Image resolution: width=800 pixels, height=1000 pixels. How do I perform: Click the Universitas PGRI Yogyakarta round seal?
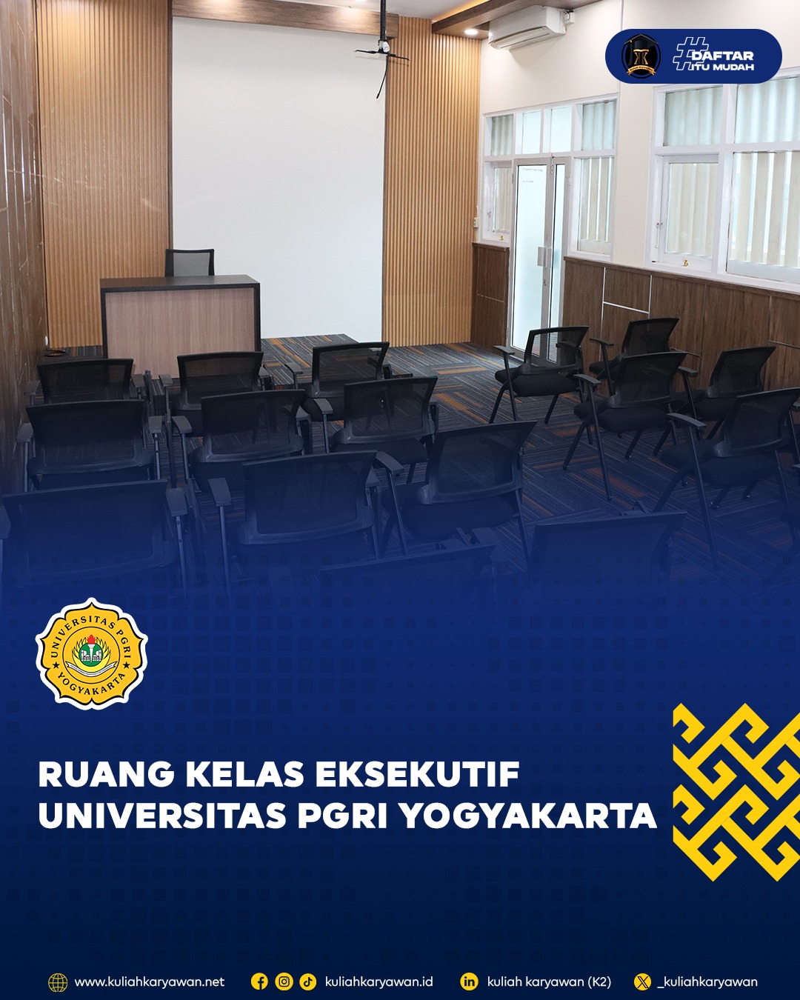pyautogui.click(x=92, y=653)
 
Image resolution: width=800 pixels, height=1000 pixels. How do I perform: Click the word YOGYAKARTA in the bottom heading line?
pyautogui.click(x=529, y=816)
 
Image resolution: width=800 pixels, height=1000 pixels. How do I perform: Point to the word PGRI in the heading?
pyautogui.click(x=342, y=816)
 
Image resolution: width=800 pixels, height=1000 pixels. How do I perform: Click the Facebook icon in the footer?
pyautogui.click(x=259, y=981)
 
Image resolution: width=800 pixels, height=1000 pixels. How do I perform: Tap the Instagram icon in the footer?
pyautogui.click(x=284, y=981)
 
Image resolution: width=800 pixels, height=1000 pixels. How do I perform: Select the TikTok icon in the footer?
pyautogui.click(x=307, y=981)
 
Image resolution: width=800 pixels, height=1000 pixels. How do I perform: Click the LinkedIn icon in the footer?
pyautogui.click(x=469, y=981)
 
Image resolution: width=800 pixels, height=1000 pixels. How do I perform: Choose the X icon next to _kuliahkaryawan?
pyautogui.click(x=642, y=981)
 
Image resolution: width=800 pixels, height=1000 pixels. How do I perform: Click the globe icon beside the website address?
pyautogui.click(x=58, y=982)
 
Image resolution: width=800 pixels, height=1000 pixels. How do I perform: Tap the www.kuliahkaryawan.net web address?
pyautogui.click(x=150, y=981)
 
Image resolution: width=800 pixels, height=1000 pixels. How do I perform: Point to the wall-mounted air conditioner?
pyautogui.click(x=527, y=28)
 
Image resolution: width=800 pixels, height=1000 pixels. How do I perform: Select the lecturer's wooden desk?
pyautogui.click(x=180, y=317)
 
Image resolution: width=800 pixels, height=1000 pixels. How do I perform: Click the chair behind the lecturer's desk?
pyautogui.click(x=190, y=262)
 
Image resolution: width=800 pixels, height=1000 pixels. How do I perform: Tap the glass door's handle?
pyautogui.click(x=541, y=256)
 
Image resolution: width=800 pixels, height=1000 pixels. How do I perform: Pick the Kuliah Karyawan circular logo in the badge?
pyautogui.click(x=641, y=56)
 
